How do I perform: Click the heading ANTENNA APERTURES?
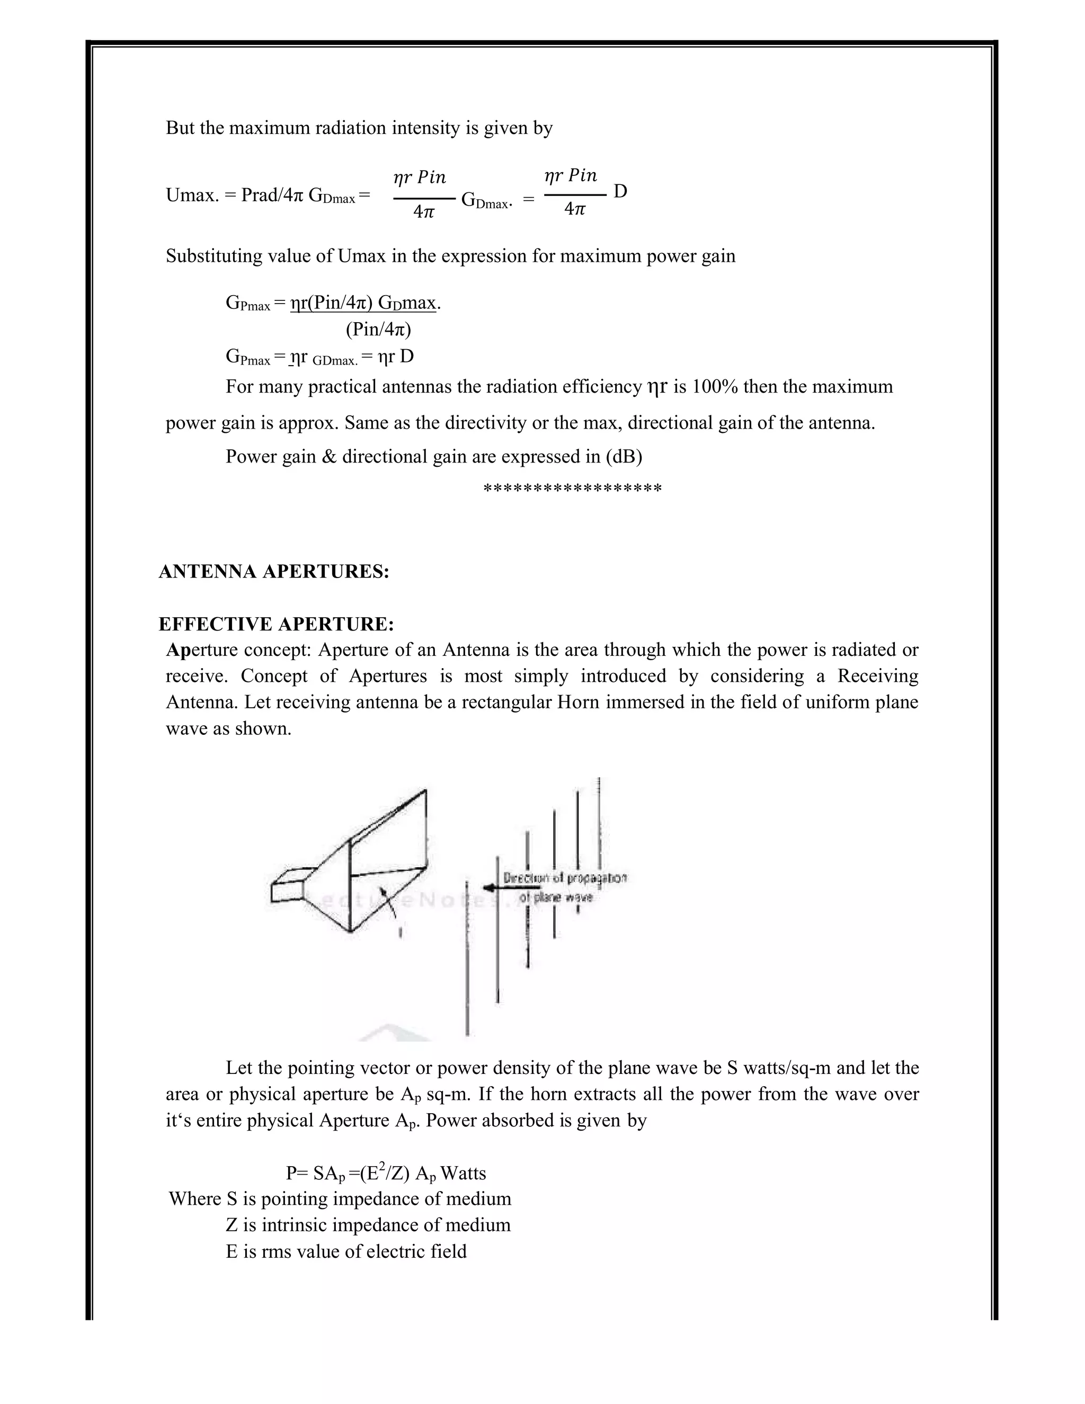[274, 572]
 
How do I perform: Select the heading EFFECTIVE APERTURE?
[275, 624]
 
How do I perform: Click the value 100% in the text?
[715, 387]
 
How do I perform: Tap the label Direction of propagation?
[564, 877]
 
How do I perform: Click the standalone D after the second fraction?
[620, 192]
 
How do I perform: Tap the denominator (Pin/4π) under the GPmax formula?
[378, 330]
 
